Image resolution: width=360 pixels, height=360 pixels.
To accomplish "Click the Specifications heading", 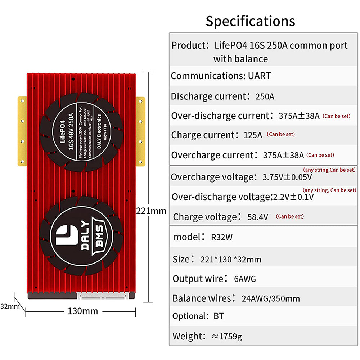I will [x=250, y=21].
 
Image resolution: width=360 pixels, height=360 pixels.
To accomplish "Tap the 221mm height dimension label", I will [x=151, y=211].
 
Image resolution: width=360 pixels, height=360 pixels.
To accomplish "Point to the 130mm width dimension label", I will [x=83, y=311].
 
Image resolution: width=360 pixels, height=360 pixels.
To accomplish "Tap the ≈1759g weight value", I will [x=227, y=337].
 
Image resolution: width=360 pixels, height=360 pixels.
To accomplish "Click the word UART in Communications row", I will [x=259, y=76].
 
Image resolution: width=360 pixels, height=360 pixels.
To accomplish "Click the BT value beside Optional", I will [x=219, y=316].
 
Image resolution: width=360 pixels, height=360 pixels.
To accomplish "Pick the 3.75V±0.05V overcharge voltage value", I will [x=287, y=177].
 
